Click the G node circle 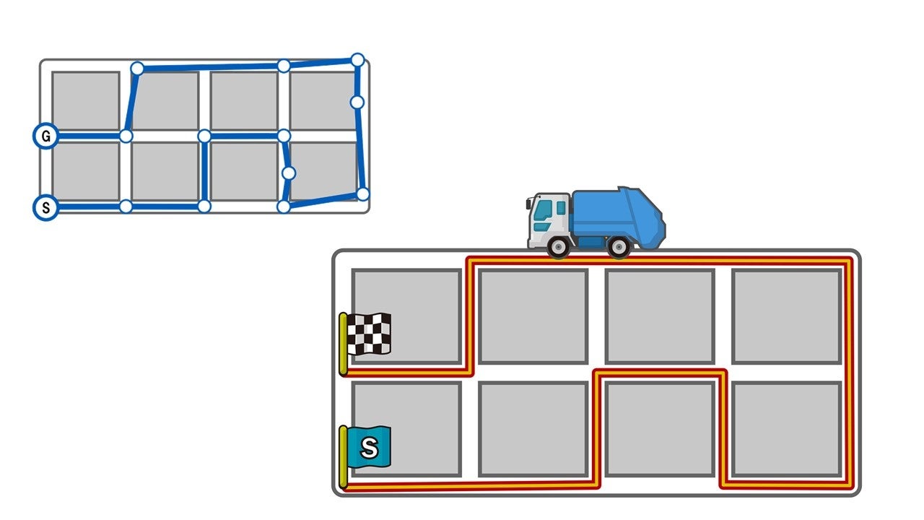(x=45, y=136)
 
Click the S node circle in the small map (x=45, y=208)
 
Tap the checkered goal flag (x=369, y=334)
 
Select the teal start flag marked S (x=369, y=447)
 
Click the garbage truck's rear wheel (x=619, y=246)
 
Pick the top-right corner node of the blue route (x=357, y=60)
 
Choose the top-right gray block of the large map (x=787, y=316)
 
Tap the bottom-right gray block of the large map (x=787, y=428)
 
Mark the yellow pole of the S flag (x=343, y=456)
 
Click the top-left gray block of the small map (x=85, y=100)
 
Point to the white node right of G (x=126, y=136)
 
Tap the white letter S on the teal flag (x=369, y=448)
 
